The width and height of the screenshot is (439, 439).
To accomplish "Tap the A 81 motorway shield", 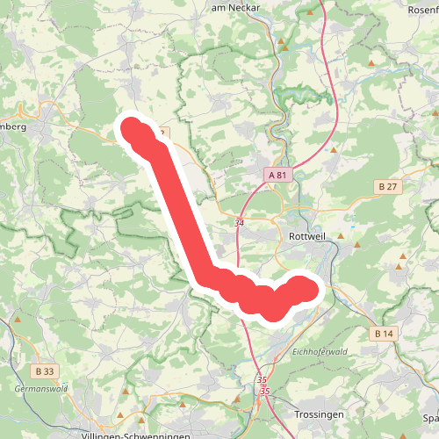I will click(278, 176).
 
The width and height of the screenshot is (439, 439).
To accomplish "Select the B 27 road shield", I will click(389, 186).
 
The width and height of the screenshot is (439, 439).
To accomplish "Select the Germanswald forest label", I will click(40, 387).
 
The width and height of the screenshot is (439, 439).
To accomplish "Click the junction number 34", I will click(239, 223).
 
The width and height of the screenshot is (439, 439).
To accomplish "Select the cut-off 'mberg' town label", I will click(13, 126).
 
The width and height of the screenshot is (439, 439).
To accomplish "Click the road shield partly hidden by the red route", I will click(163, 133).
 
